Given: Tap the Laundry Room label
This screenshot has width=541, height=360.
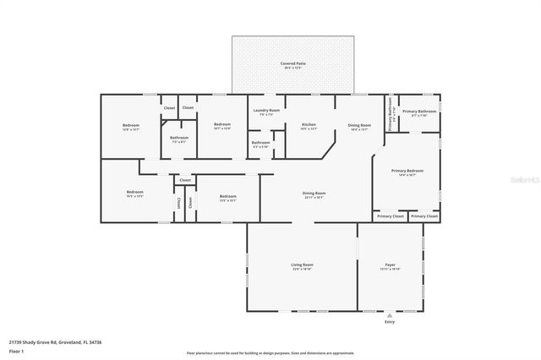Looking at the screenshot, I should tap(265, 110).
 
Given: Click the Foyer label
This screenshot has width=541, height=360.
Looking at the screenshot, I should tap(390, 265).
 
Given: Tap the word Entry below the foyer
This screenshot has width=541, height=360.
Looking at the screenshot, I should tap(390, 322).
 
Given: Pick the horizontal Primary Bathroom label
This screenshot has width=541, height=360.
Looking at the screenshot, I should tap(418, 112).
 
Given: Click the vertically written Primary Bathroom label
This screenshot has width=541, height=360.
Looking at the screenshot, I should tap(391, 110).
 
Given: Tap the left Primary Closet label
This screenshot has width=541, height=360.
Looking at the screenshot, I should tap(390, 216).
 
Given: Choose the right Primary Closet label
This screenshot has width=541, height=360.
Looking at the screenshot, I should tap(424, 216).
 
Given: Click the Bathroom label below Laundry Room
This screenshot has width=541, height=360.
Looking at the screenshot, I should tap(260, 143).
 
